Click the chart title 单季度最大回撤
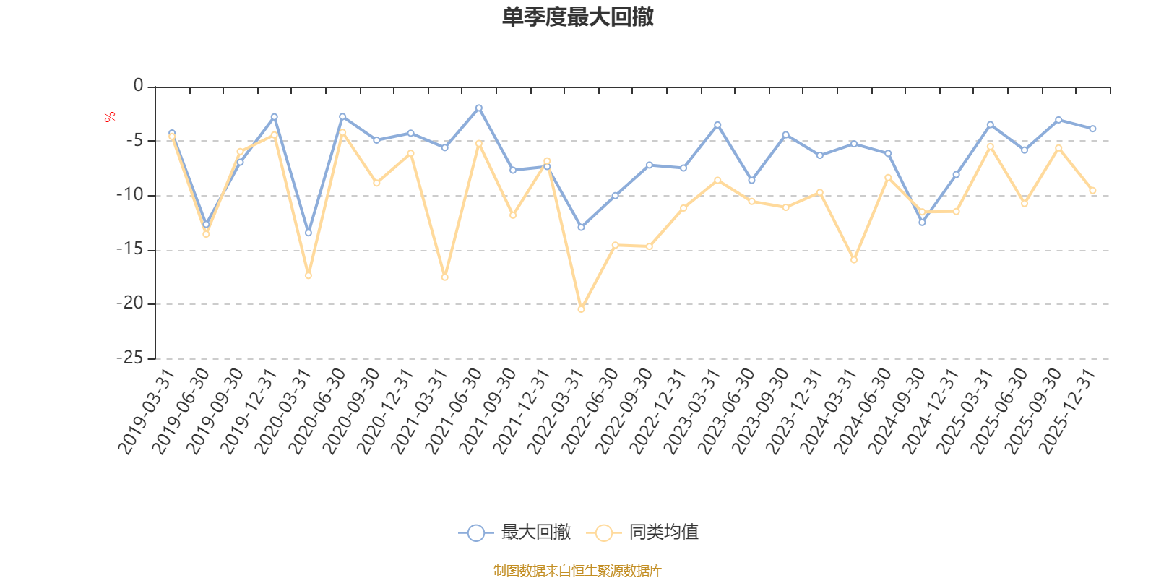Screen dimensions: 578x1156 [x=577, y=17]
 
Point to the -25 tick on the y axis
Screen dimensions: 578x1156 [x=130, y=358]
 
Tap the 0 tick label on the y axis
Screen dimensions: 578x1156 [x=138, y=87]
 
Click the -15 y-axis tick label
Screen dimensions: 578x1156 [x=130, y=249]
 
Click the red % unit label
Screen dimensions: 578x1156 [x=110, y=117]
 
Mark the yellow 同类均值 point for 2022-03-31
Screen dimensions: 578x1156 [x=581, y=309]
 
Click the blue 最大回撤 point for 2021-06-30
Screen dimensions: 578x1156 [x=478, y=108]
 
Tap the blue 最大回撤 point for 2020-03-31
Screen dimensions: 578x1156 [x=309, y=233]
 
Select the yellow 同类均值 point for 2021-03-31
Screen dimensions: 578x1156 [x=444, y=277]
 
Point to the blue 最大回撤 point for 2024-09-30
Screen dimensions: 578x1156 [x=922, y=223]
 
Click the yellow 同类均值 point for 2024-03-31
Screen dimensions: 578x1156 [x=854, y=259]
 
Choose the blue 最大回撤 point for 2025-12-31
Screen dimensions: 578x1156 [x=1092, y=129]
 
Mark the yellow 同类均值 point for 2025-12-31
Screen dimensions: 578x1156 [x=1092, y=191]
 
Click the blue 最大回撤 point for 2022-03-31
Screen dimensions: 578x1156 [x=581, y=228]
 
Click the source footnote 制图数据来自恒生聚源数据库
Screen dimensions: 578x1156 [x=577, y=571]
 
